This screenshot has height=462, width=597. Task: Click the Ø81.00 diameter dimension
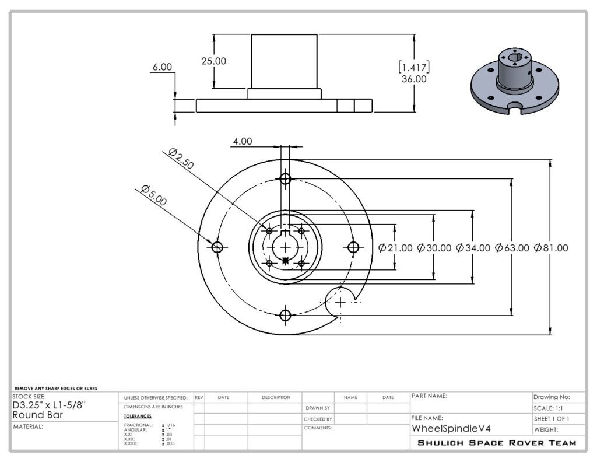tap(551, 248)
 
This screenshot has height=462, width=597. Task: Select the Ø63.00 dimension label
tap(512, 248)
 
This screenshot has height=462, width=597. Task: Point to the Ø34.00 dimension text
tap(473, 248)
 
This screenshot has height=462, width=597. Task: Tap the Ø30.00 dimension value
tap(434, 248)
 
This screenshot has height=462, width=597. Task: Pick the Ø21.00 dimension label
tap(395, 248)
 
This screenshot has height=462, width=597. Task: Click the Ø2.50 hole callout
tap(181, 159)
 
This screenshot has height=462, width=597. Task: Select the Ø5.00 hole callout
tap(154, 195)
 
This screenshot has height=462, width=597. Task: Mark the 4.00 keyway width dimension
tap(243, 141)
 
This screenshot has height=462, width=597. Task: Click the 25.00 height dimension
tap(213, 61)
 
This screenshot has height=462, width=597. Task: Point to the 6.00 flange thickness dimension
tap(162, 67)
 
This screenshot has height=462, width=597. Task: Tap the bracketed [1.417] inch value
tap(414, 68)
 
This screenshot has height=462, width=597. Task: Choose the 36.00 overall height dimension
tap(414, 79)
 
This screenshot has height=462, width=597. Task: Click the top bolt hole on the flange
tap(285, 178)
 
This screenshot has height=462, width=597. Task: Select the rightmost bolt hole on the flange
tap(353, 247)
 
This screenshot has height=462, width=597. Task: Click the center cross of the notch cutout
tap(340, 303)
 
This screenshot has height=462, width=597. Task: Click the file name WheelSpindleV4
tap(451, 429)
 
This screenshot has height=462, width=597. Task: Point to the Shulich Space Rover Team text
tap(497, 443)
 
